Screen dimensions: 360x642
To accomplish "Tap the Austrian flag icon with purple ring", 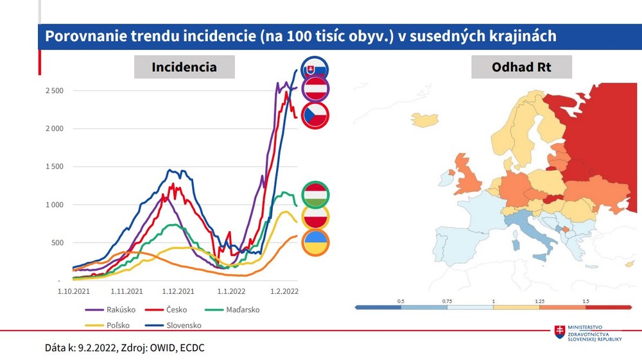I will click(315, 90).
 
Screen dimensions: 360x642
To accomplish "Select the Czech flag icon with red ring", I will click(315, 116).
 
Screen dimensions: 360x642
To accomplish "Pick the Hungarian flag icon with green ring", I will click(315, 195).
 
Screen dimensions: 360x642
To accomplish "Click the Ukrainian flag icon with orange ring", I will click(315, 244).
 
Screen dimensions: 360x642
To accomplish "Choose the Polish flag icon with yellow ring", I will click(315, 219).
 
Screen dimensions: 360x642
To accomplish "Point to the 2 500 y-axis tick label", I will click(54, 91).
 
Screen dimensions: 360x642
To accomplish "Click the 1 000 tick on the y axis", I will click(54, 205).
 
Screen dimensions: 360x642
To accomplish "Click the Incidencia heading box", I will click(184, 67).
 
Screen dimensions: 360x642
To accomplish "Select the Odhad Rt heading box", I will click(521, 67).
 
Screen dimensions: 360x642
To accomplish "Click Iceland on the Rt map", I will click(424, 119).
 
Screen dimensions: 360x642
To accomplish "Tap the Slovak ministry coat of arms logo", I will click(560, 332).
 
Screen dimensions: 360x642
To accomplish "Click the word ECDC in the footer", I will click(192, 347).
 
